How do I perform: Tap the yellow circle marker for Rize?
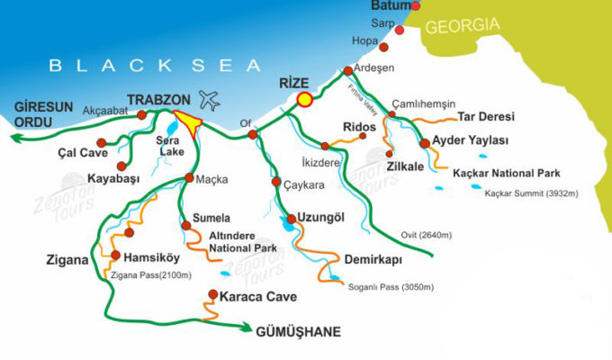tap(304, 99)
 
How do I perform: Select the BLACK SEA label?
tap(155, 65)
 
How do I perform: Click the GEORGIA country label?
tap(461, 26)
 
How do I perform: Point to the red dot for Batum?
tap(415, 6)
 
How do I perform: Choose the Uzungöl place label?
tap(323, 219)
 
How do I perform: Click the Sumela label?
tap(211, 219)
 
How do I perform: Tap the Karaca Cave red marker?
tap(212, 293)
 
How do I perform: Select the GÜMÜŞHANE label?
tap(300, 331)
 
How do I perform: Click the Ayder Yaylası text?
tap(471, 141)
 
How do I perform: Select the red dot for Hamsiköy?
tap(114, 256)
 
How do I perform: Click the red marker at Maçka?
tap(188, 177)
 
